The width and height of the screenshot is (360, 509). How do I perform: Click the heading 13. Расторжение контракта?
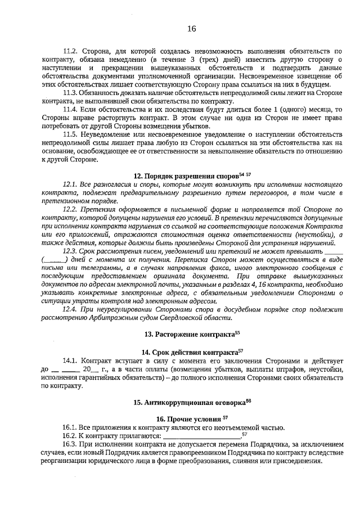coord(191,334)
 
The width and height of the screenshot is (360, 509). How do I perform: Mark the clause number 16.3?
coord(70,444)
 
